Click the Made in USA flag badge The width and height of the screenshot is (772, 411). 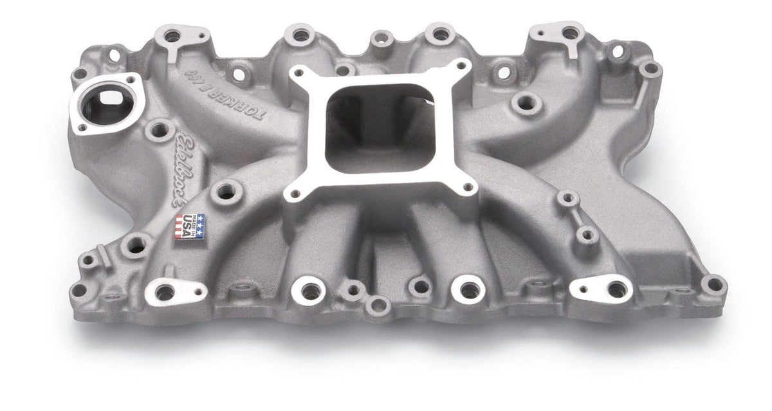[x=190, y=226]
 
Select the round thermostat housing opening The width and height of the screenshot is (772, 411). [x=104, y=105]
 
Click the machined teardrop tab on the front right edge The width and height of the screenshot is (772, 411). [x=601, y=288]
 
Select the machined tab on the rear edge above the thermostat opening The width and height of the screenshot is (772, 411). [x=172, y=35]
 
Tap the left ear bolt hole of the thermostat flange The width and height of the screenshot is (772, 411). [x=80, y=126]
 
